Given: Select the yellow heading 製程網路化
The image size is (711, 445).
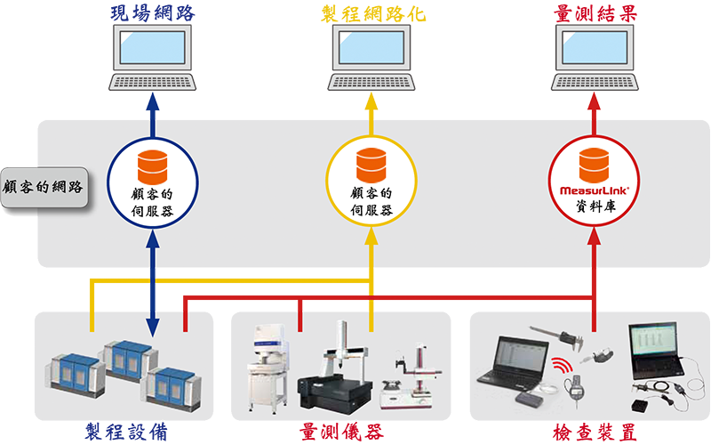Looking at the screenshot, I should coord(371,12).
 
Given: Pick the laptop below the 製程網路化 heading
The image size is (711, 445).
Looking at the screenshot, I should coord(371,55).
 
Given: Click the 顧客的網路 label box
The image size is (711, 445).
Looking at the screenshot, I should coord(44,187).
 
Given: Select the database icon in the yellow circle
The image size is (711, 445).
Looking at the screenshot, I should coord(371,166).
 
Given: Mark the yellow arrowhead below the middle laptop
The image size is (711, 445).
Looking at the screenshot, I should coord(371,100).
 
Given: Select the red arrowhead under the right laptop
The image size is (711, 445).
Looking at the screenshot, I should coord(594,100).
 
